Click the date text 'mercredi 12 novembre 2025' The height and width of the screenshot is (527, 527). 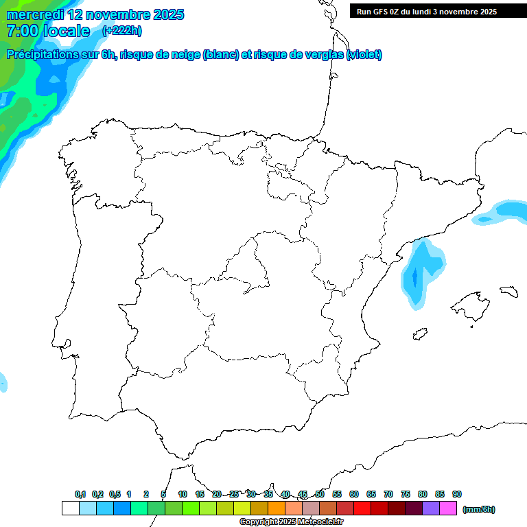(x=95, y=14)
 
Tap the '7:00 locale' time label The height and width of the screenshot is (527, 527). (x=48, y=31)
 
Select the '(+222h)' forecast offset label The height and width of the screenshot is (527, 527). (x=121, y=30)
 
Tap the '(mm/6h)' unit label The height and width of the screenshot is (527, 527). (x=478, y=509)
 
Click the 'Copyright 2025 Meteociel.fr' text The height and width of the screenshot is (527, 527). (x=292, y=522)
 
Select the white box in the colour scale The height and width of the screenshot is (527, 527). (x=70, y=508)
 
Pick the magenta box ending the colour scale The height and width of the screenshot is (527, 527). (x=448, y=508)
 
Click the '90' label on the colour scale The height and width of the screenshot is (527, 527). (x=457, y=494)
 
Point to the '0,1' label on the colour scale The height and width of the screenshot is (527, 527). (x=80, y=494)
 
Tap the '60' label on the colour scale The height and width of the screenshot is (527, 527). (x=354, y=494)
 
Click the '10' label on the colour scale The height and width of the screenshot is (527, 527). (x=183, y=494)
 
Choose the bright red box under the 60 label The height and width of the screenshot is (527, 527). (x=362, y=508)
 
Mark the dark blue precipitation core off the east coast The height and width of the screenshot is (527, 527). (x=414, y=279)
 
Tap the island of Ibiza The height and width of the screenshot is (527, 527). (x=421, y=335)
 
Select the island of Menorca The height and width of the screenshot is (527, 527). (x=508, y=291)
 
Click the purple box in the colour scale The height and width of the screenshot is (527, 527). (x=431, y=508)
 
